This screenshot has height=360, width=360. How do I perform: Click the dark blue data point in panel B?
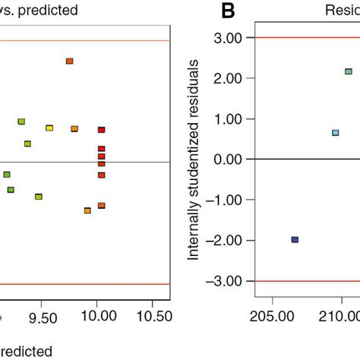[295, 239]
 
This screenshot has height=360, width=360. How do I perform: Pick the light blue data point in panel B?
[336, 133]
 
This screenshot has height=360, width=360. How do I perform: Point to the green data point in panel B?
[349, 71]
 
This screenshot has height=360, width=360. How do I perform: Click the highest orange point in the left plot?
[69, 61]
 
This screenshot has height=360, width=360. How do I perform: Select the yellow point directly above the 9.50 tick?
[49, 128]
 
